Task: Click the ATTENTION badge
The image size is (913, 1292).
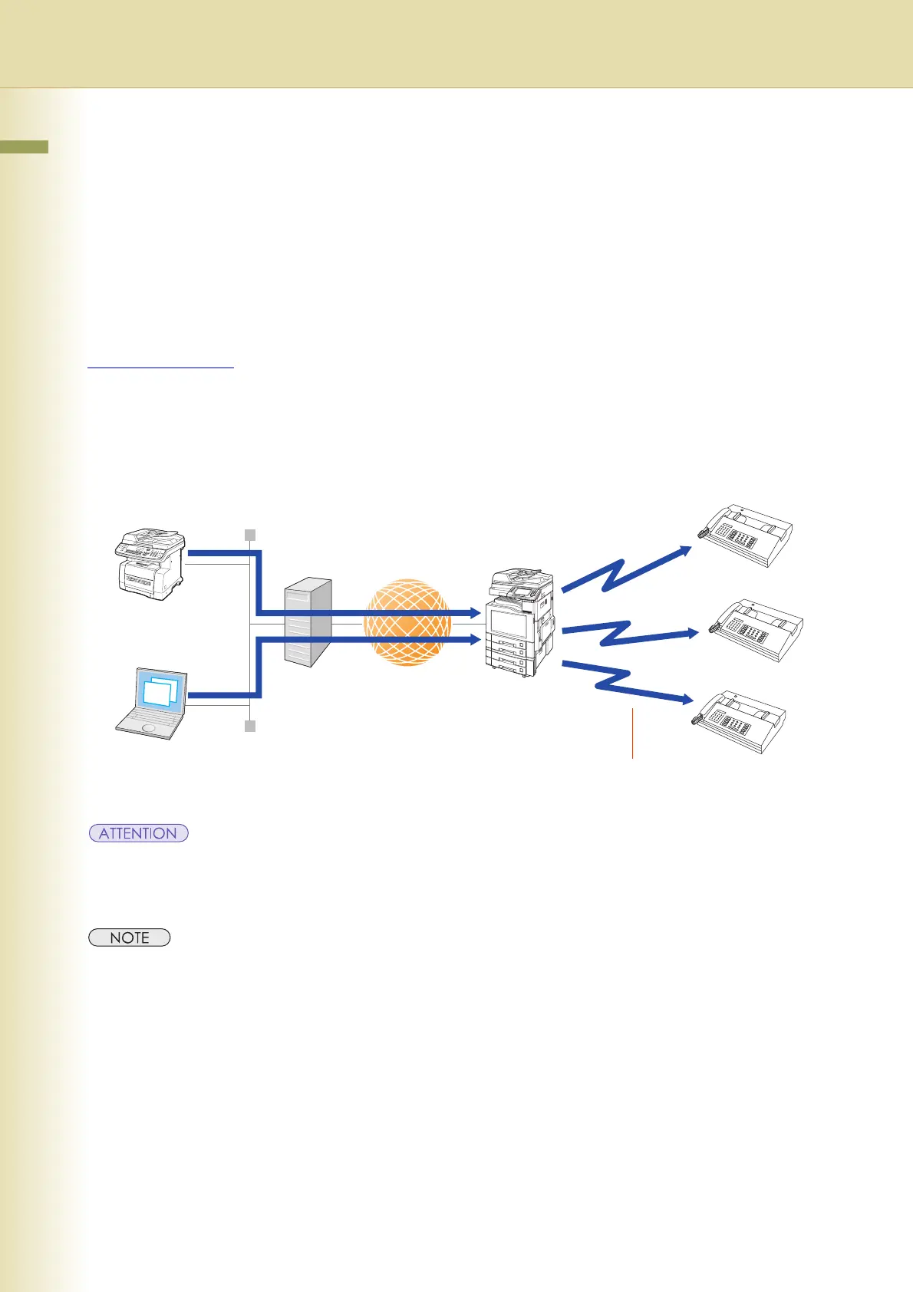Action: click(x=138, y=833)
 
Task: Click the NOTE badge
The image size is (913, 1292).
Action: click(x=129, y=938)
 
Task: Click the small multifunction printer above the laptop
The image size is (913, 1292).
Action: click(x=151, y=564)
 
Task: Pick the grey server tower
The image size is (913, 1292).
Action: click(x=308, y=622)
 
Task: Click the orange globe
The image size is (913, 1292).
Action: click(x=407, y=622)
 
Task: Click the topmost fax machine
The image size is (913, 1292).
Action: click(x=744, y=536)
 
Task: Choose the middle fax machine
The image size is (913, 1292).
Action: click(x=756, y=629)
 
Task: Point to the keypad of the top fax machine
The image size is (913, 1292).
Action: click(x=741, y=537)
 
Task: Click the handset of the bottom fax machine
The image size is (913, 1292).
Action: click(x=699, y=718)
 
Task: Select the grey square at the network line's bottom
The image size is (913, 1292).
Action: click(x=249, y=726)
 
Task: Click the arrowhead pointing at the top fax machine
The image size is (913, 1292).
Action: click(x=684, y=549)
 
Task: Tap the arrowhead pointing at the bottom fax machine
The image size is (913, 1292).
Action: click(x=688, y=699)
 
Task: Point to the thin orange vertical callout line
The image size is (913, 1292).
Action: click(x=633, y=733)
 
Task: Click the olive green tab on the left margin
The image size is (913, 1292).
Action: click(x=24, y=147)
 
